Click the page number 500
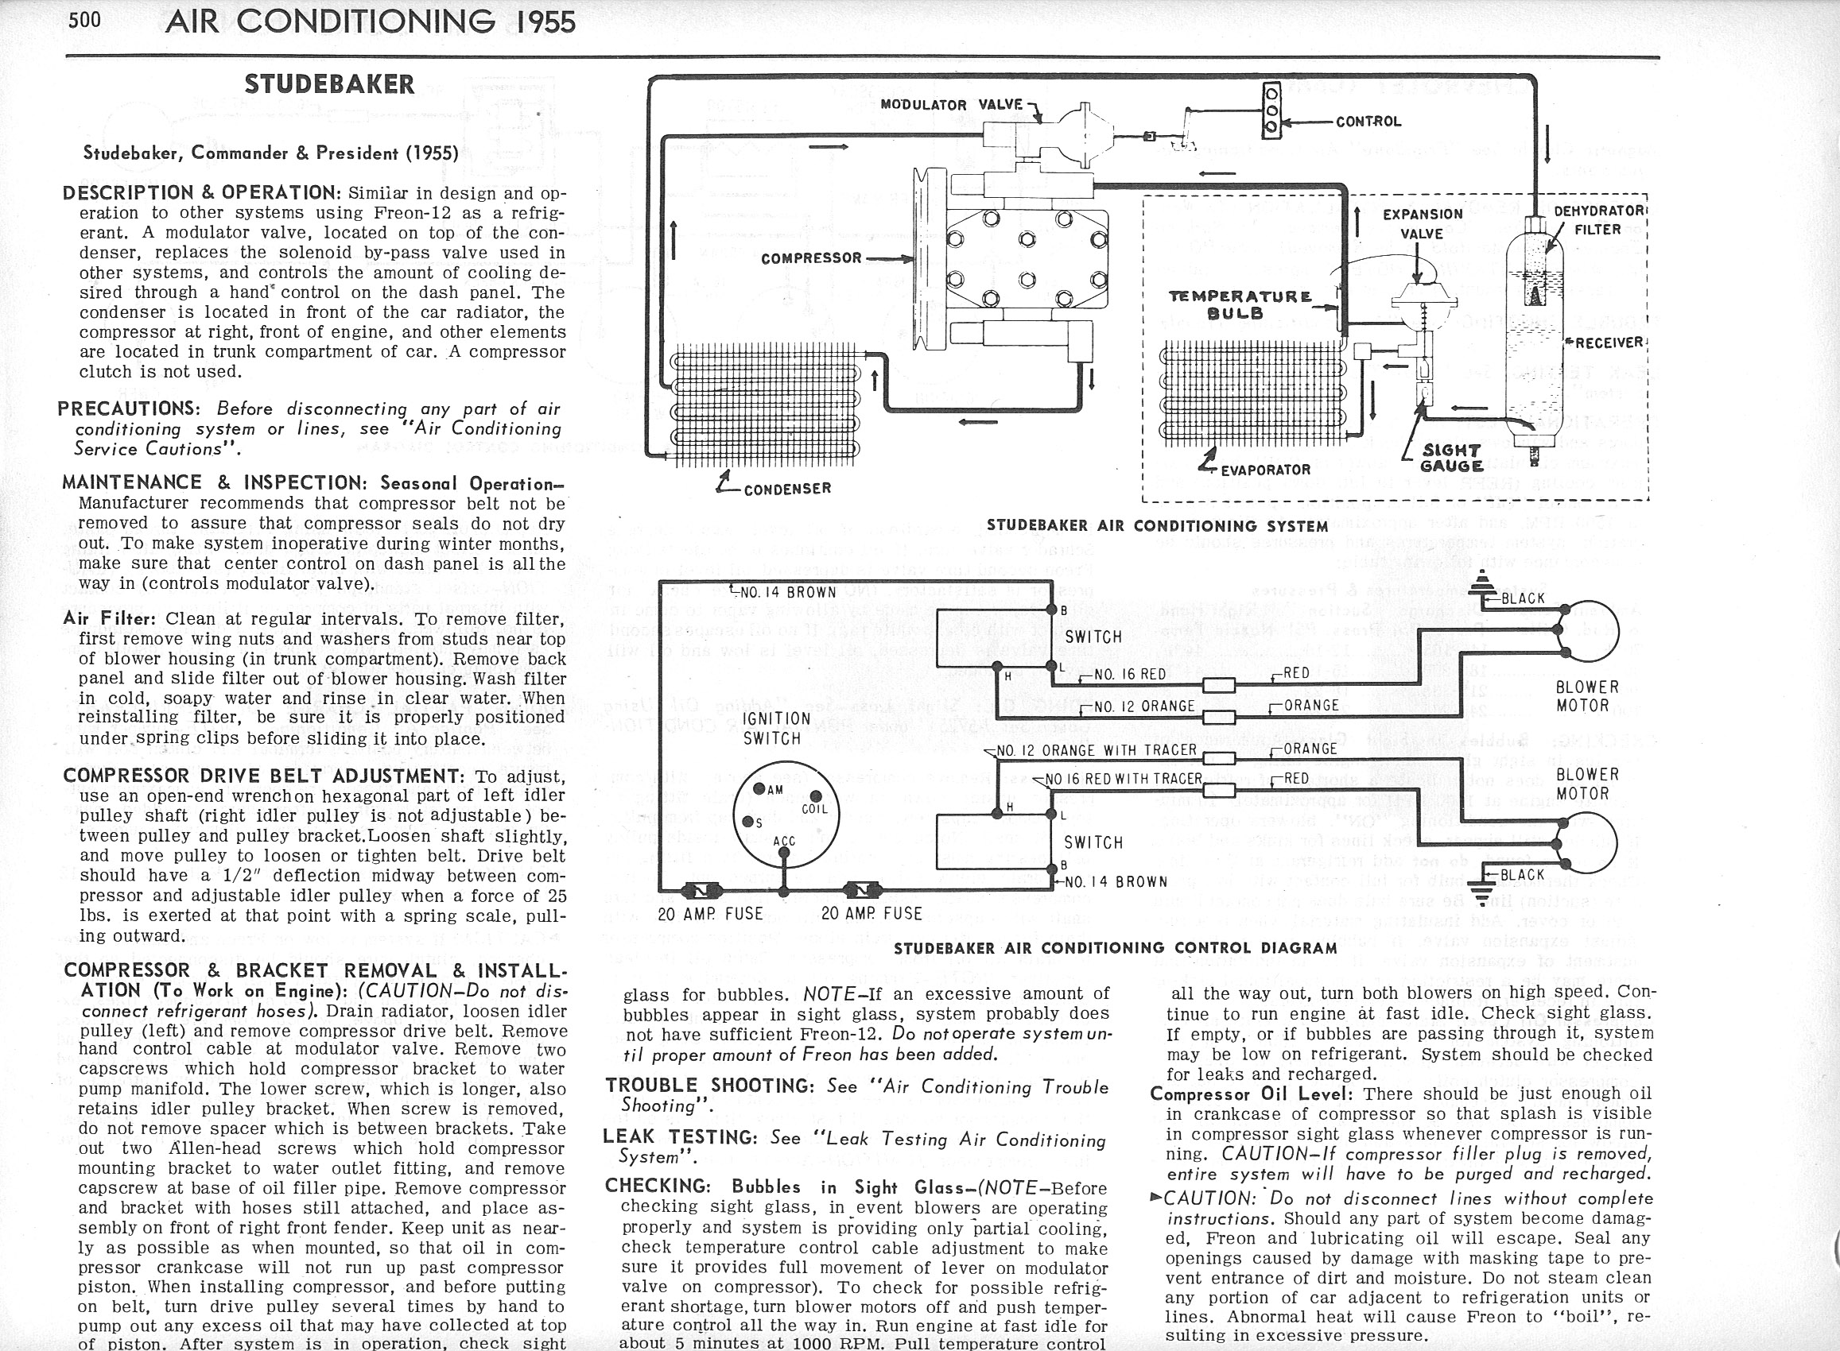[x=85, y=19]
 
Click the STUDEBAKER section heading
[x=330, y=84]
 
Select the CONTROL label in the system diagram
[x=1368, y=122]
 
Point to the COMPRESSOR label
[x=811, y=258]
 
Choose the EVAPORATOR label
[x=1265, y=470]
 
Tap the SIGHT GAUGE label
[x=1452, y=458]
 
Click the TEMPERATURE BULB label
[x=1240, y=304]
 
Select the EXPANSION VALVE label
[x=1422, y=223]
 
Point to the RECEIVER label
[x=1609, y=343]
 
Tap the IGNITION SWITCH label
[x=775, y=728]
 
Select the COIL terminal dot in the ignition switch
[x=815, y=796]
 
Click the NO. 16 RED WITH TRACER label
[x=1123, y=779]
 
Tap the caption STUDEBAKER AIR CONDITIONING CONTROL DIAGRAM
[x=1115, y=948]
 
